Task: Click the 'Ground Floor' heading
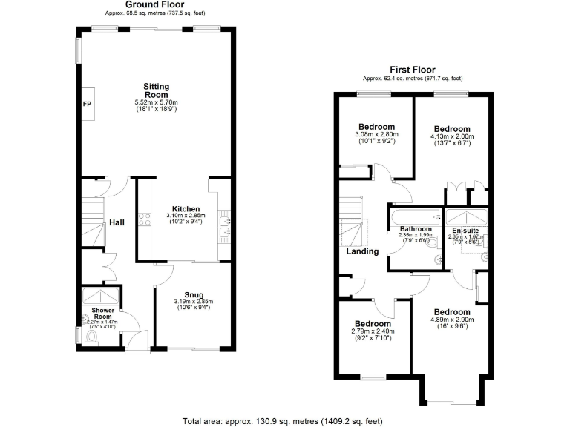coord(154,4)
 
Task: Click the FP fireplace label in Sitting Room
coord(86,104)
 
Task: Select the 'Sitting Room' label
coord(156,90)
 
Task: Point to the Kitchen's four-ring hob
coord(144,219)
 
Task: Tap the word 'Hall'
coord(117,222)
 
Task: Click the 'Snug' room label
coord(193,294)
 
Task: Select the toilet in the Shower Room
coord(92,337)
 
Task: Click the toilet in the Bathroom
coord(437,259)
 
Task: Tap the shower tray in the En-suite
coord(465,219)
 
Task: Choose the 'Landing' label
coord(362,251)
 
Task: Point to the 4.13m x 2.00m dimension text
coord(452,136)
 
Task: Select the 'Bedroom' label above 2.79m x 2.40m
coord(373,324)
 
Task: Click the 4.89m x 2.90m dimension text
coord(452,320)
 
